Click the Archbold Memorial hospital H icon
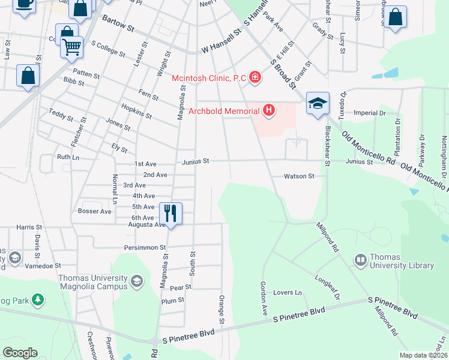coord(269,110)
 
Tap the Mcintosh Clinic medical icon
coord(256,77)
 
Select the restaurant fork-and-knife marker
coord(171,212)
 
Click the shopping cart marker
coord(71,46)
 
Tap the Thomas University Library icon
coord(361,260)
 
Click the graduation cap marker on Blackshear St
coord(317,103)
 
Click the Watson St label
coord(300,176)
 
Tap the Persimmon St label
coord(145,247)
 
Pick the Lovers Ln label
coord(288,292)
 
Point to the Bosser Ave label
coord(95,211)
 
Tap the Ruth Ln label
coord(68,157)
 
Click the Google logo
coord(20,353)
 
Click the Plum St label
coord(172,300)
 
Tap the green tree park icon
coord(38,299)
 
